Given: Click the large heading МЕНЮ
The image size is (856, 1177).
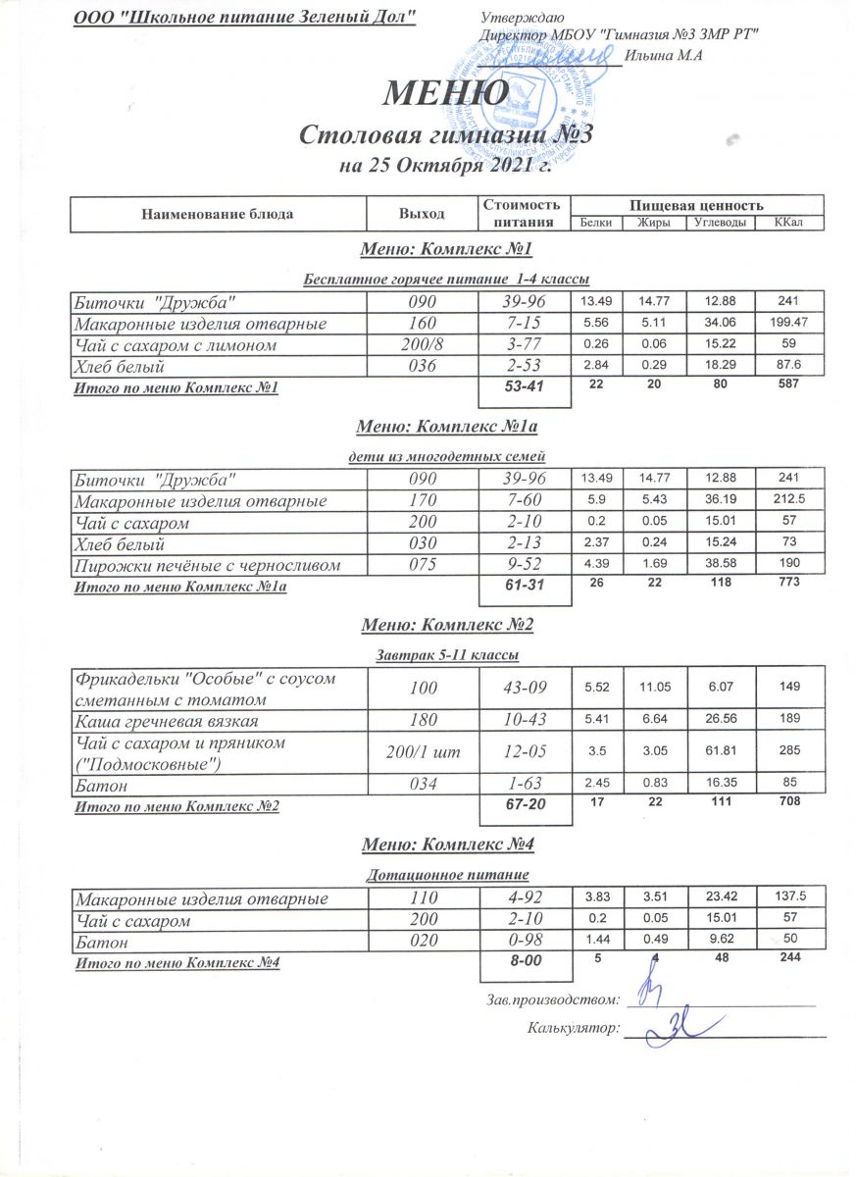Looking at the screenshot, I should point(444,93).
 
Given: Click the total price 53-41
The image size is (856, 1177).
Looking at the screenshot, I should point(523,388).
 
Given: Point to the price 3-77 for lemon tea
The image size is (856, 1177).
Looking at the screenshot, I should point(523,345).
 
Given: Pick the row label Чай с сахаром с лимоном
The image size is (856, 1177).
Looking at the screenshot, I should point(176,345).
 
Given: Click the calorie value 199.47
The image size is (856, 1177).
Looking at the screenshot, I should point(787,323).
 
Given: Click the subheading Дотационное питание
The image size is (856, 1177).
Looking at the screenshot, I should point(447,873).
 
